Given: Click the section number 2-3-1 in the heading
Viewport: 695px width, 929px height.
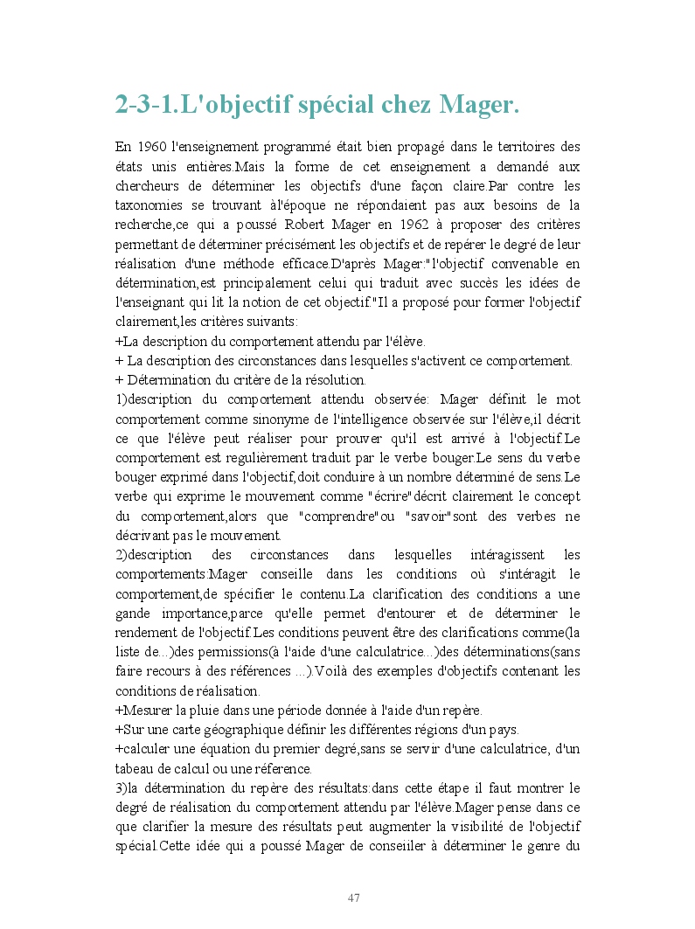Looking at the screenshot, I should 145,105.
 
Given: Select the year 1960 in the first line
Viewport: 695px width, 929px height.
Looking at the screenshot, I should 154,147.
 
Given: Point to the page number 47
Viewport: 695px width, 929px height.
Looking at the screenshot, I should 354,898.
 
